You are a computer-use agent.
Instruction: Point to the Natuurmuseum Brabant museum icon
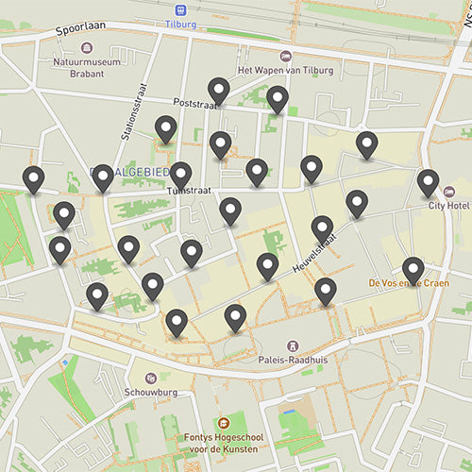click(x=88, y=47)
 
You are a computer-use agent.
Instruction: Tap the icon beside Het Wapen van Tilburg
click(x=287, y=56)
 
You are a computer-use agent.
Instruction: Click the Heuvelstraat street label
click(x=312, y=250)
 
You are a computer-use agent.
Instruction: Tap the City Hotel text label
click(x=449, y=205)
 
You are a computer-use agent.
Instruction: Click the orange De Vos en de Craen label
click(x=408, y=283)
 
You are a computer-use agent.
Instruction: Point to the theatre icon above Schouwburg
click(x=149, y=378)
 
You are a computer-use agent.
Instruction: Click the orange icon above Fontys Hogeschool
click(x=224, y=423)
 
